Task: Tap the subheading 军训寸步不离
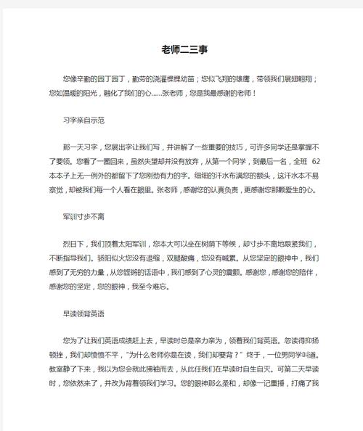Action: [x=86, y=216]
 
